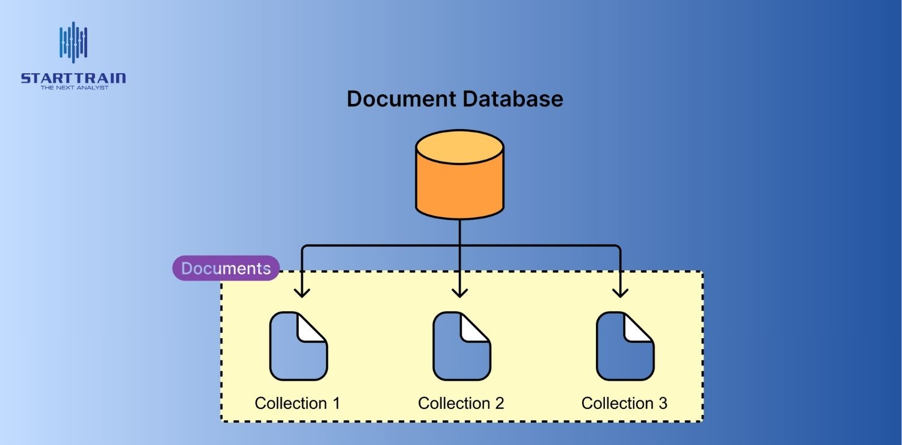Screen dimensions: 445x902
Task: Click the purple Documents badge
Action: (x=226, y=268)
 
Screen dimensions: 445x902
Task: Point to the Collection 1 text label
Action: (x=297, y=403)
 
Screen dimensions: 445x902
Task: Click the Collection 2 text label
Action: (x=461, y=403)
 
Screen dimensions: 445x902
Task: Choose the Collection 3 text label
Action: (x=624, y=403)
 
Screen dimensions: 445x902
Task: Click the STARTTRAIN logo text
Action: (x=73, y=79)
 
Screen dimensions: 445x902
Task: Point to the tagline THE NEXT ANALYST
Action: (x=74, y=88)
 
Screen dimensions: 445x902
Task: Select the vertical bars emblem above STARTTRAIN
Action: (x=73, y=42)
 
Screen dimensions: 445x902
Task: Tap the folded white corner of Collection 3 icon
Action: (x=637, y=329)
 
